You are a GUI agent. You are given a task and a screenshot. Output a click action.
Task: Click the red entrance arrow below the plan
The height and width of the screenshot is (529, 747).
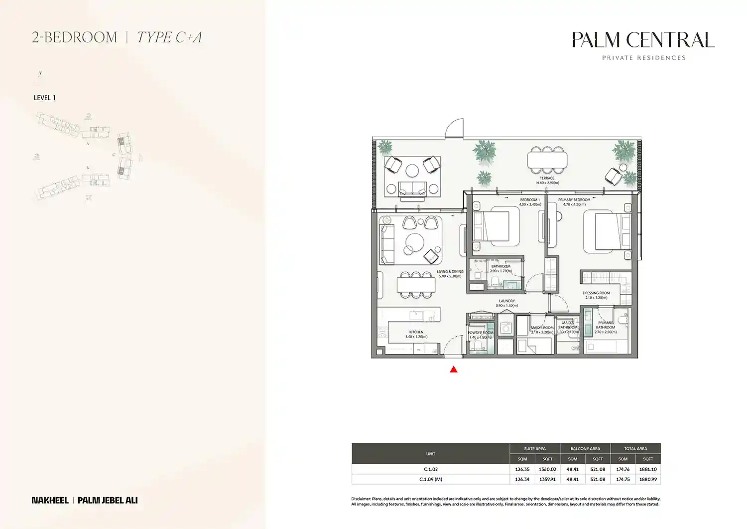[454, 369]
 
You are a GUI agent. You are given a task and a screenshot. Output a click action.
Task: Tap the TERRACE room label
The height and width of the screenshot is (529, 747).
[547, 178]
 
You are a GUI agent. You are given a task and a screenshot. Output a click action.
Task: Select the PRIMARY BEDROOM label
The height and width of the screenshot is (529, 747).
[574, 200]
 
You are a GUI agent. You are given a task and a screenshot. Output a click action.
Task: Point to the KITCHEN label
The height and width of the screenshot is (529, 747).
[416, 332]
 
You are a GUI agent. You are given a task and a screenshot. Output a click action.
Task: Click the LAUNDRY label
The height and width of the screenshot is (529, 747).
[507, 301]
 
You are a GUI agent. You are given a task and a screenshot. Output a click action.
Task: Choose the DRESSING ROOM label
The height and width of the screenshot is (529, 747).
[596, 293]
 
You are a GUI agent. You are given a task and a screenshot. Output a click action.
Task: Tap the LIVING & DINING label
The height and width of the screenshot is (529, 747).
[450, 272]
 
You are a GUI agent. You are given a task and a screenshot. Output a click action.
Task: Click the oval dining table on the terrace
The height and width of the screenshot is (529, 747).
[547, 160]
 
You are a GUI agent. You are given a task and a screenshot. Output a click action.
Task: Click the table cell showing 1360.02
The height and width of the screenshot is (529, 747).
[547, 469]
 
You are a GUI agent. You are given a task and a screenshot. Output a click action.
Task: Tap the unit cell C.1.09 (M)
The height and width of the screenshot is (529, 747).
[431, 479]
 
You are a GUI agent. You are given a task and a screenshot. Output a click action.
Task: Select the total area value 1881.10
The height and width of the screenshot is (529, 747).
[648, 469]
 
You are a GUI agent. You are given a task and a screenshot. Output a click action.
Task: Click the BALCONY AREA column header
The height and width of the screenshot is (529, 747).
[585, 449]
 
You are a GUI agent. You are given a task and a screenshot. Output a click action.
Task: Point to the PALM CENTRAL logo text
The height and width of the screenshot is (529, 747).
[643, 40]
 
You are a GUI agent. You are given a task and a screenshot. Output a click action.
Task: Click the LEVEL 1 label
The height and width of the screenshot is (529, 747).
[45, 98]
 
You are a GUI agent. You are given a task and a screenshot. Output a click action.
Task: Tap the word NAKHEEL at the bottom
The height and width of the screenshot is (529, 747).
[50, 500]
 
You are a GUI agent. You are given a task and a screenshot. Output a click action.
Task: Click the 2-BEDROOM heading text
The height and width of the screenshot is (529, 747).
[75, 37]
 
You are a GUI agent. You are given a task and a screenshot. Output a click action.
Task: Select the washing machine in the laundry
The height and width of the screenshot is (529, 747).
[506, 328]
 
